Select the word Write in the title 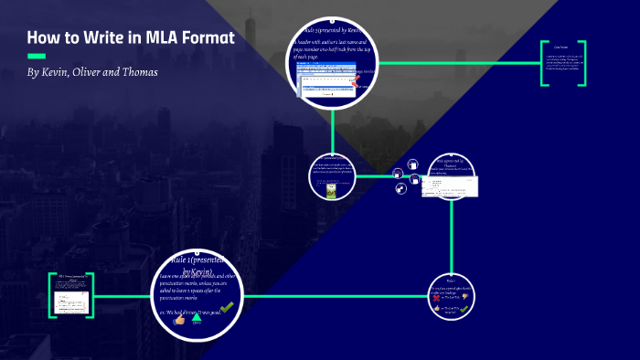coord(99,38)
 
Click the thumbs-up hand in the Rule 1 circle coord(179,321)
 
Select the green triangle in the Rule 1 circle coord(196,316)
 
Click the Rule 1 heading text coord(197,265)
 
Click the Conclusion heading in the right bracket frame coord(561,46)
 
